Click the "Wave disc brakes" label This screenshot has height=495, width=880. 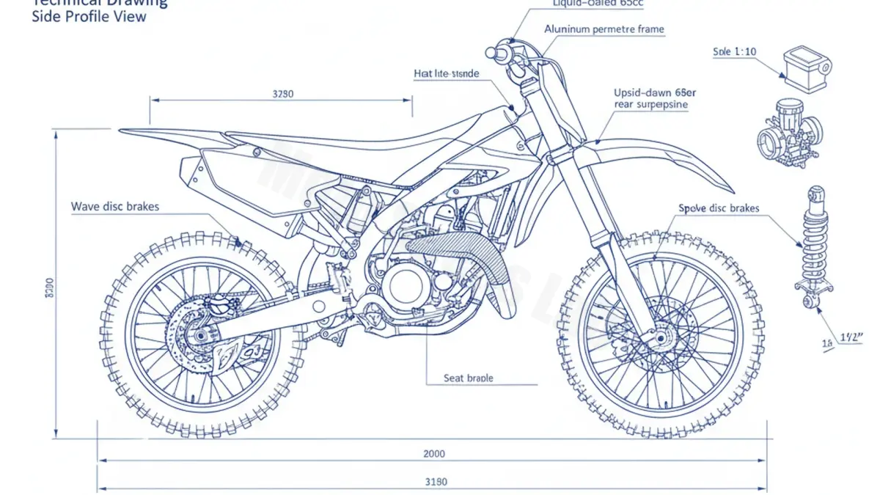114,207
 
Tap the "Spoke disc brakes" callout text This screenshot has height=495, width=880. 719,208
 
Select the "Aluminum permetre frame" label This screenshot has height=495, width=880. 604,29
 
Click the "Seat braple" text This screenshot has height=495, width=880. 469,378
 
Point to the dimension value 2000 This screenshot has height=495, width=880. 434,453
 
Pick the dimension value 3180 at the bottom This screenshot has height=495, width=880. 436,482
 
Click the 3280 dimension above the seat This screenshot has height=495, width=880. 282,94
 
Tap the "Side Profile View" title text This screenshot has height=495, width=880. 89,16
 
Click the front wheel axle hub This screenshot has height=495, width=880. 661,339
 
